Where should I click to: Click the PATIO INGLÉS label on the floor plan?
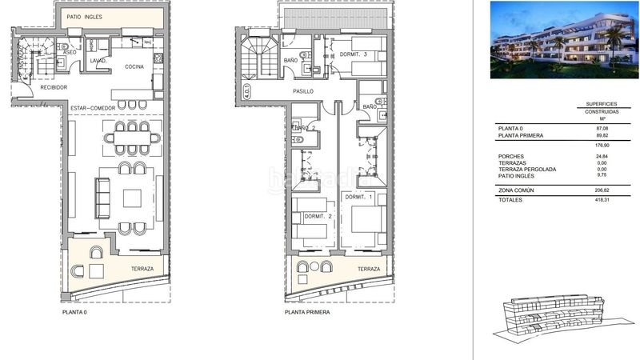[83, 17]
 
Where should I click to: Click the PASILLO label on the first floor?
[302, 92]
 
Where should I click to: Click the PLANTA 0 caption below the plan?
[74, 312]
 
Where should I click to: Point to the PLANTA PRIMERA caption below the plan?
[306, 312]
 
